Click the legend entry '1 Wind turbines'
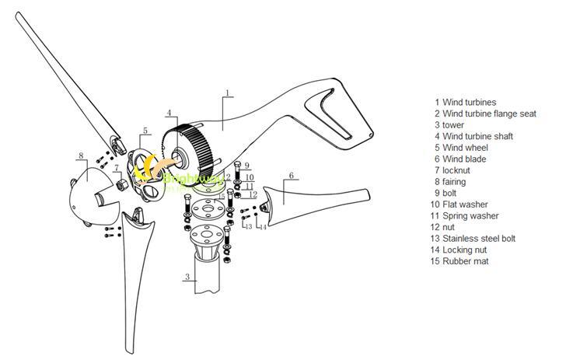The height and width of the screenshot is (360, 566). coord(465,102)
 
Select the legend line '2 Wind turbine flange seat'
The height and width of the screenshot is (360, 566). coord(485,114)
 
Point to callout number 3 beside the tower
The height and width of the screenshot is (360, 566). coord(187,277)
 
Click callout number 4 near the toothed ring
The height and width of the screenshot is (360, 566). coord(168,114)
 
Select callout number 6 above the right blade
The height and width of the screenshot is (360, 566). coord(291,177)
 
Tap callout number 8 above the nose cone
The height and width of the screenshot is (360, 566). coord(80,157)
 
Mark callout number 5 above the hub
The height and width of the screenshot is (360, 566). coord(145,131)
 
